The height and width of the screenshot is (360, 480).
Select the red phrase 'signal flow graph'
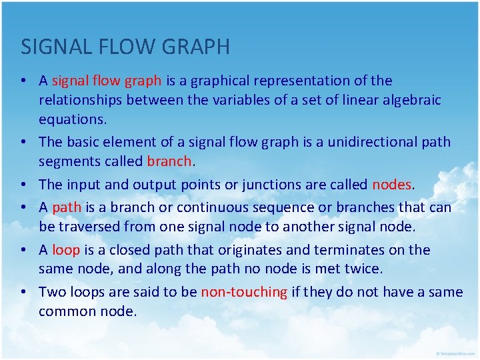107,81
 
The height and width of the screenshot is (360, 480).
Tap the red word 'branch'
169,161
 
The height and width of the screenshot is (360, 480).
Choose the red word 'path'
66,207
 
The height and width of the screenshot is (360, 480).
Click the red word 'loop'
66,250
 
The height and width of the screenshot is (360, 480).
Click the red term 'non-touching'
244,291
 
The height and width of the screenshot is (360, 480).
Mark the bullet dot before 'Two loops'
23,292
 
